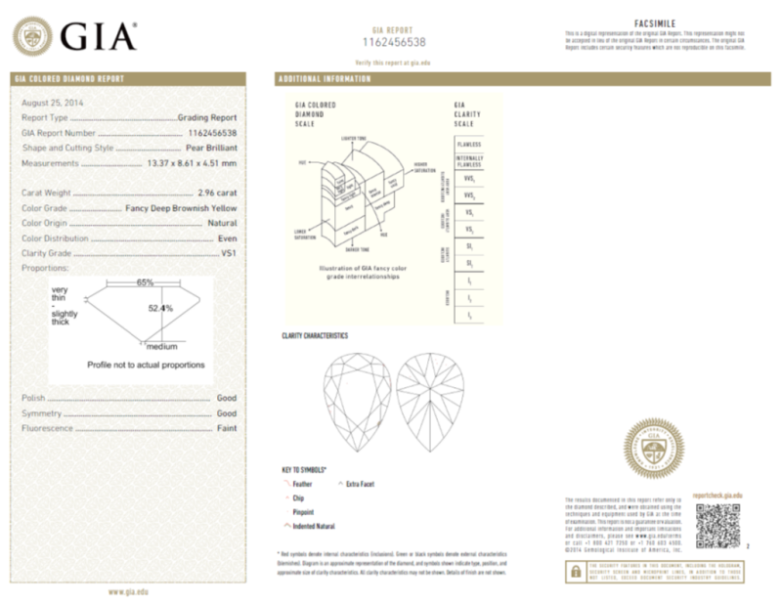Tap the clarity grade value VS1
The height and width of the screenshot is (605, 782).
(229, 252)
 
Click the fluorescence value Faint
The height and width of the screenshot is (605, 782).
(226, 428)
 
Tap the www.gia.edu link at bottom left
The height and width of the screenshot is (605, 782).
(128, 590)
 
